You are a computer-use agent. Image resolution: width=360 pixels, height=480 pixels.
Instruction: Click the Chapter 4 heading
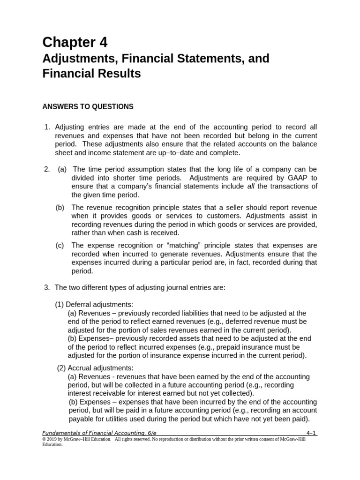tap(75, 43)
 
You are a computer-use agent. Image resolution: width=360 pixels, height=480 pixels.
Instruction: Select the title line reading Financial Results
tap(91, 74)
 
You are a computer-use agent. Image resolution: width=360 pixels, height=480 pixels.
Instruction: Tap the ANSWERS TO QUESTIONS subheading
tap(88, 107)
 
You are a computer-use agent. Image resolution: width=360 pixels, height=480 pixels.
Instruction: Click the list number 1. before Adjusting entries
tap(46, 127)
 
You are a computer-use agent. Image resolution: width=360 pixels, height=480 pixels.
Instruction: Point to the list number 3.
tap(46, 287)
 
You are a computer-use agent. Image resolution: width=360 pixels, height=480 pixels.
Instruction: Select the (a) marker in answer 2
tap(62, 169)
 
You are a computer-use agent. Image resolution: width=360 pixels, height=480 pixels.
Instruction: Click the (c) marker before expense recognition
tap(60, 245)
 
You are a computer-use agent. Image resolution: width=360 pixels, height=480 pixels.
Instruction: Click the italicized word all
tap(252, 187)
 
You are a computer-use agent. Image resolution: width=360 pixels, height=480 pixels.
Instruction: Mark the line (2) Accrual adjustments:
tap(95, 368)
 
